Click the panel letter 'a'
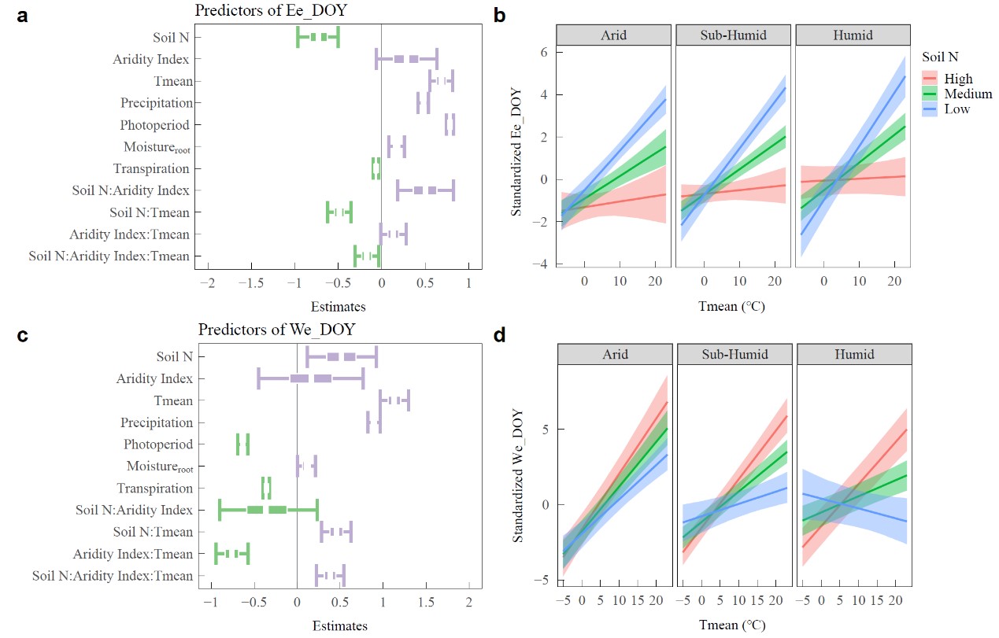pos(23,16)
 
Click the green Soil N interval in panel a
pos(318,37)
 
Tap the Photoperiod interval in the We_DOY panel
pos(242,444)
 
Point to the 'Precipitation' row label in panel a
pos(157,103)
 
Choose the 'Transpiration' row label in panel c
pos(154,489)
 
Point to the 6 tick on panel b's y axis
pos(542,51)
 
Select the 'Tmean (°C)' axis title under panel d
pos(731,625)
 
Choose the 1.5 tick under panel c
pos(426,604)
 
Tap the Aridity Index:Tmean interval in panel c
pos(232,554)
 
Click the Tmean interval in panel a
pos(442,81)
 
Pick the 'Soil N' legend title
pos(941,57)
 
